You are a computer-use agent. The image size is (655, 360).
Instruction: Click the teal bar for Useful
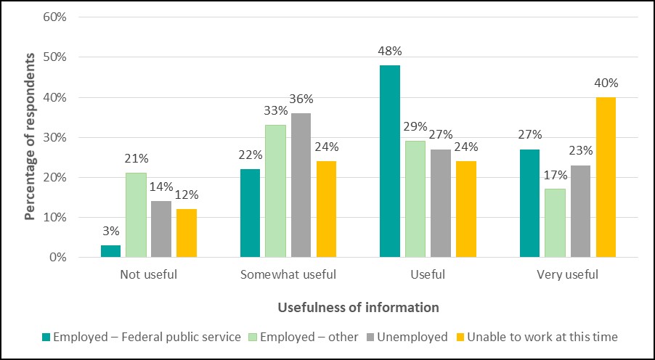(x=390, y=161)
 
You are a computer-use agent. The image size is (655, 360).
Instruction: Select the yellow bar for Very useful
(x=606, y=177)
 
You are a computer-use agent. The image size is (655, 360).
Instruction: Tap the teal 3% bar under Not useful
(x=110, y=251)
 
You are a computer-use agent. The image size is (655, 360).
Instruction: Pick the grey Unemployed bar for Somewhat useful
(x=301, y=185)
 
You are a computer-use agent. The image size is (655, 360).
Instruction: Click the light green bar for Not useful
(x=136, y=215)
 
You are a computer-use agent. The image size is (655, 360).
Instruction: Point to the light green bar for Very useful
(x=555, y=223)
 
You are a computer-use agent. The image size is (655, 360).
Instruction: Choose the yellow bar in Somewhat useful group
(x=326, y=209)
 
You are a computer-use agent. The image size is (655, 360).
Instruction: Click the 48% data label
(x=390, y=52)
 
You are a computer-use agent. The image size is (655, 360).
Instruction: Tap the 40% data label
(x=606, y=83)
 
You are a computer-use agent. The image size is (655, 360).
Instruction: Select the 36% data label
(x=301, y=99)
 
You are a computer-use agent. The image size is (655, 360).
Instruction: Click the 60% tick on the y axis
(x=54, y=17)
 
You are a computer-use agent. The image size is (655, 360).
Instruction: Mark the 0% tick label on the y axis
(x=57, y=258)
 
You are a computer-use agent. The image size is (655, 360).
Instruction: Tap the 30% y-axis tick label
(x=54, y=137)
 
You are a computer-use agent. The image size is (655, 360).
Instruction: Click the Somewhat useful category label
(x=288, y=275)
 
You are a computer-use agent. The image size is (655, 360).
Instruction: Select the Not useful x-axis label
(x=148, y=275)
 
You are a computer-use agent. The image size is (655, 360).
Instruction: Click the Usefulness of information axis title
(x=358, y=307)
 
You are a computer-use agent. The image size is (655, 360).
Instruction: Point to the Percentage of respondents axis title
(x=30, y=137)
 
